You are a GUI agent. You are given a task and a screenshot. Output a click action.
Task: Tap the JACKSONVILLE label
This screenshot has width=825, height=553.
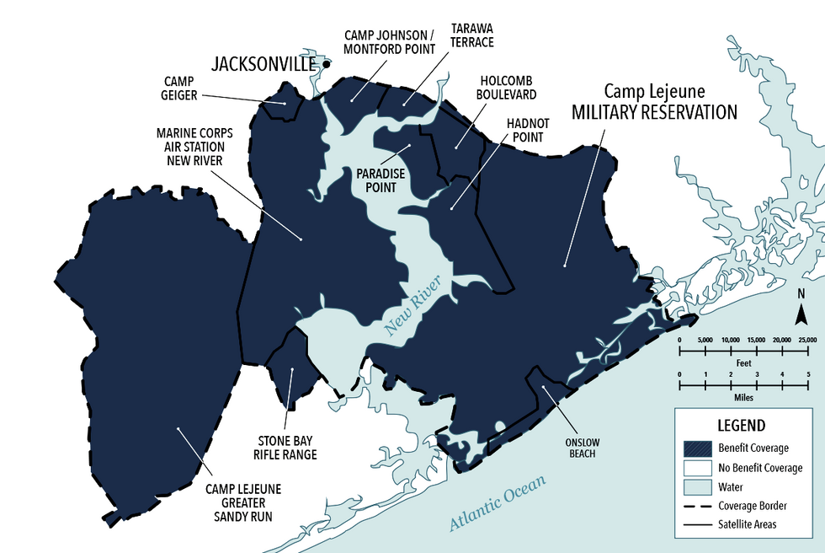[x=263, y=64]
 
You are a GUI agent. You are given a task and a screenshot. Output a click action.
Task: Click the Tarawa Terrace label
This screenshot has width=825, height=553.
[x=471, y=35]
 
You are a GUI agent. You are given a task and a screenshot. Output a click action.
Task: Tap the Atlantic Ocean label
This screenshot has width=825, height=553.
[x=497, y=503]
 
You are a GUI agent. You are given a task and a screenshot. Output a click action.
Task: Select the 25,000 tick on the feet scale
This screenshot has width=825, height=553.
[x=806, y=340]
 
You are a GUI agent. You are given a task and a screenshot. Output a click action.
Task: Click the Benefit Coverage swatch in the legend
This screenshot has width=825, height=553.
[x=695, y=447]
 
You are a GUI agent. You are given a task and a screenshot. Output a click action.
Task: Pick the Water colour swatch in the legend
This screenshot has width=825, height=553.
[x=695, y=486]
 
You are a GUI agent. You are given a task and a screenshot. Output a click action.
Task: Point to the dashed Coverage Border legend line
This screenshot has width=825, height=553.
[x=695, y=506]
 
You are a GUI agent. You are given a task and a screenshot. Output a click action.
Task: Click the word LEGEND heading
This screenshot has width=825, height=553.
[x=741, y=426]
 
